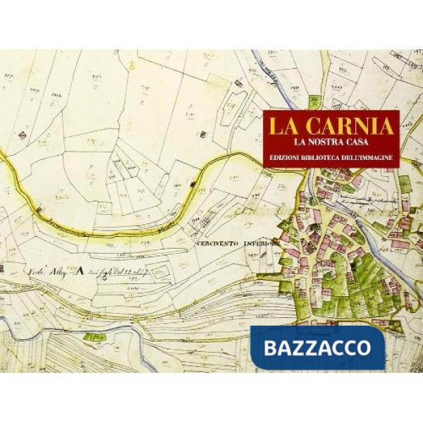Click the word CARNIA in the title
[352, 126]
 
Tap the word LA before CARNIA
[284, 126]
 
